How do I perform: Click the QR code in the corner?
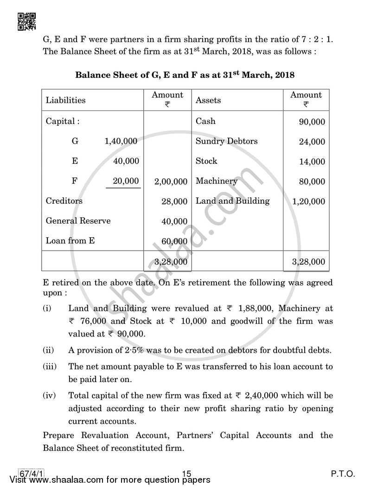27,21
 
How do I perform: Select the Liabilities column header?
65,100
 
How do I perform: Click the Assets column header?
208,100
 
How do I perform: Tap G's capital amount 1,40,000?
121,142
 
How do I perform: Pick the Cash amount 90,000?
312,122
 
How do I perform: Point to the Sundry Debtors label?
226,141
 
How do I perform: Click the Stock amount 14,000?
312,162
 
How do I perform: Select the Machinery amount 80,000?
312,182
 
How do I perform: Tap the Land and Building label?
232,201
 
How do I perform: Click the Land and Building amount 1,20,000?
309,202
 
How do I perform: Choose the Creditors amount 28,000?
174,202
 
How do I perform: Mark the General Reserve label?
78,221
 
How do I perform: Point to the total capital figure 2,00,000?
171,182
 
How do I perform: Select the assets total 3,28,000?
309,262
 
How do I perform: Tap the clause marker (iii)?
49,367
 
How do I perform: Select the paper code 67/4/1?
29,474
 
